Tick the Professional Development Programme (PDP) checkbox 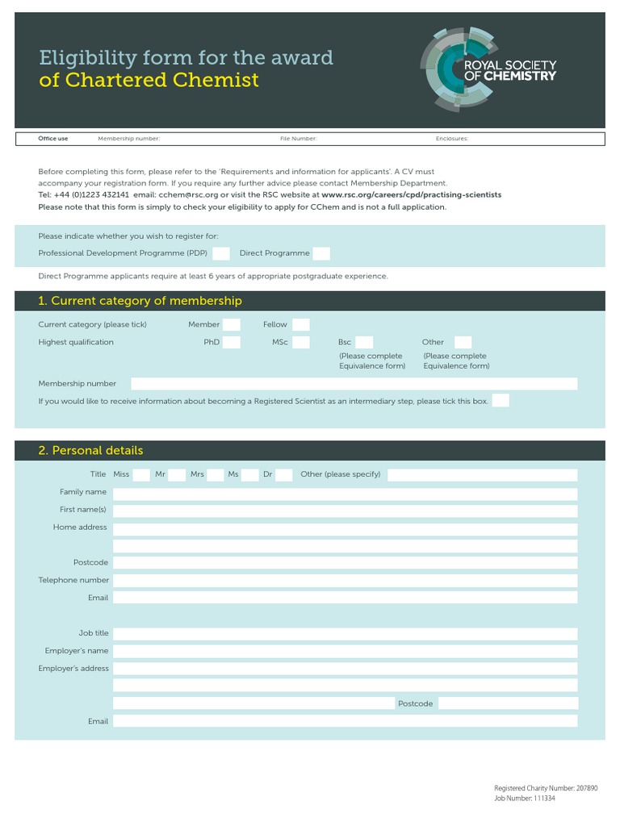click(221, 253)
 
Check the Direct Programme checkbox click(321, 253)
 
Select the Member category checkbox click(232, 324)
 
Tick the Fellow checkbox click(301, 324)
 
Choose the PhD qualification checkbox click(232, 342)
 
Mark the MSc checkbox click(301, 342)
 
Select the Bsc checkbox click(364, 342)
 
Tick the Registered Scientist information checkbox click(501, 401)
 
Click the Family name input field click(345, 492)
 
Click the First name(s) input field click(345, 510)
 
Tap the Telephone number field click(345, 580)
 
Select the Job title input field click(345, 633)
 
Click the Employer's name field click(345, 651)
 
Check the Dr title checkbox click(283, 474)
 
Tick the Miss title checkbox click(141, 474)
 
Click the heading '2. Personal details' click(90, 451)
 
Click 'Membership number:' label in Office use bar click(129, 139)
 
